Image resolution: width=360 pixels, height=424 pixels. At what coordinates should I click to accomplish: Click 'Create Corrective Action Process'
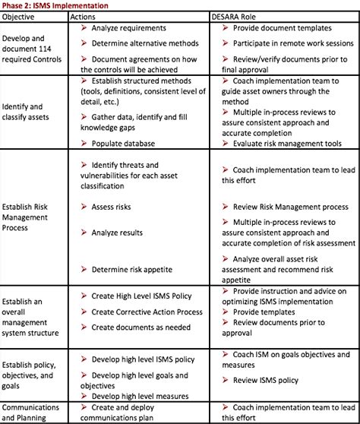tap(147, 312)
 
